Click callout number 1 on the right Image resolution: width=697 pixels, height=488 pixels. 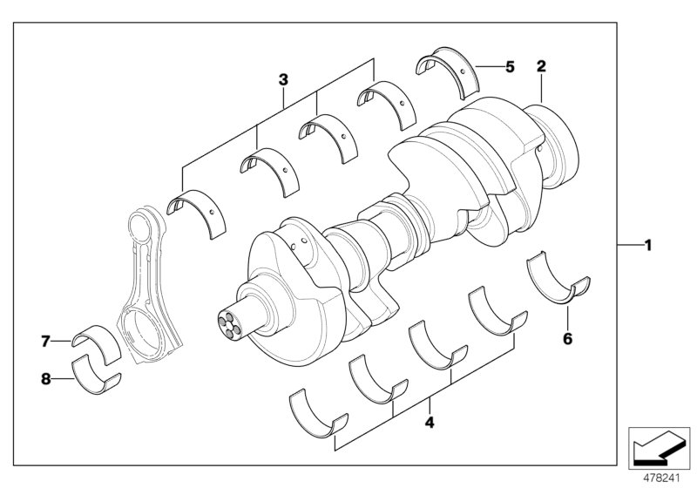click(647, 246)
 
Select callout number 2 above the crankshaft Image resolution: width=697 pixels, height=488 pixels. click(541, 66)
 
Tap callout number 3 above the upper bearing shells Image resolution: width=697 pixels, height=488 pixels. click(283, 80)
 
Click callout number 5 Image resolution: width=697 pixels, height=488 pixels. click(510, 65)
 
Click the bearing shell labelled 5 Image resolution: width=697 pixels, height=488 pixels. click(448, 73)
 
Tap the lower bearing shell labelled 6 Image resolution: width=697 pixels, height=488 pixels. click(558, 280)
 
